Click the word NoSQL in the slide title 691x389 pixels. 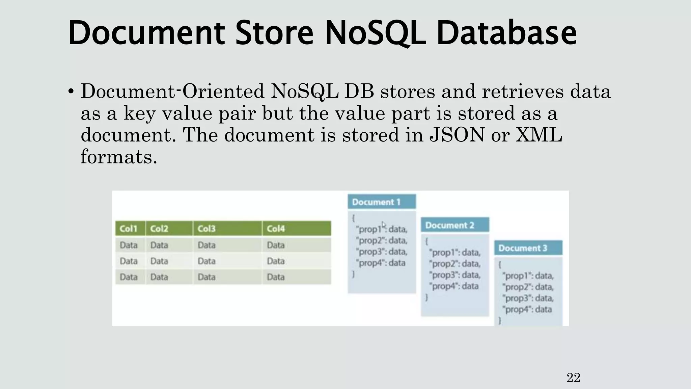pyautogui.click(x=375, y=33)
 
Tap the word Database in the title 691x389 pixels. pyautogui.click(x=506, y=33)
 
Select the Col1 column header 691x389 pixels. pyautogui.click(x=129, y=229)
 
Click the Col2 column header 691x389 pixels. pyautogui.click(x=159, y=229)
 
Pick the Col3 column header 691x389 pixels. pyautogui.click(x=206, y=229)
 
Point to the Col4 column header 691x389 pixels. pyautogui.click(x=276, y=229)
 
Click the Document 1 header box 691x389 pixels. pyautogui.click(x=382, y=202)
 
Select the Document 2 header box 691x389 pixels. pyautogui.click(x=454, y=225)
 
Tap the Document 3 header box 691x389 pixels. pyautogui.click(x=528, y=248)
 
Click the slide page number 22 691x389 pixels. pyautogui.click(x=573, y=378)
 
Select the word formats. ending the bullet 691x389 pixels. pyautogui.click(x=119, y=157)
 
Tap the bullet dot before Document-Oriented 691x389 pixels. pyautogui.click(x=71, y=92)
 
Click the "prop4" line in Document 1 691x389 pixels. pyautogui.click(x=382, y=263)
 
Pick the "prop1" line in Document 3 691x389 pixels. pyautogui.click(x=528, y=276)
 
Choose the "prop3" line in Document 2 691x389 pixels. pyautogui.click(x=454, y=275)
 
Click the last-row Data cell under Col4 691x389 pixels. pyautogui.click(x=276, y=277)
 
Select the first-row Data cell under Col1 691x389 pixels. pyautogui.click(x=129, y=245)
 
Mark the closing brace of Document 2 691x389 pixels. pyautogui.click(x=426, y=297)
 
